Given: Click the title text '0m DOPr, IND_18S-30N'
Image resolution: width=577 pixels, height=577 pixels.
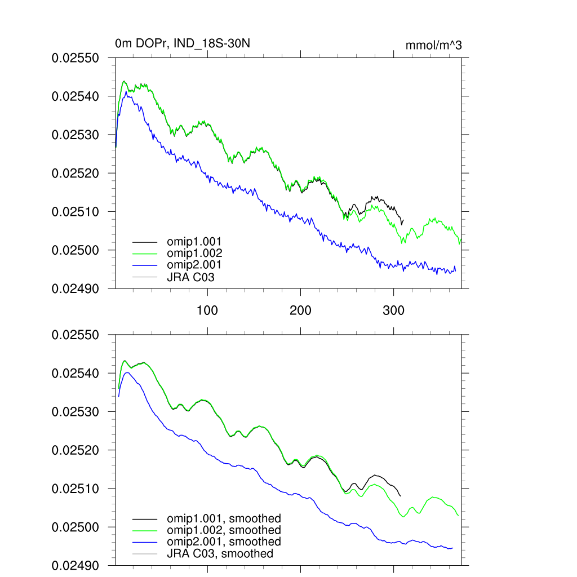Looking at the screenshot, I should coord(179,44).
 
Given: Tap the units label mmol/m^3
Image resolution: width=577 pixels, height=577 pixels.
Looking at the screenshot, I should coord(433,45).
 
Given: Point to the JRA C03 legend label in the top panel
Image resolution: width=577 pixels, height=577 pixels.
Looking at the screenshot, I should coord(190,277).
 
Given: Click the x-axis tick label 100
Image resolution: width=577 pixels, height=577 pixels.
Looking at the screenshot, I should coord(207,310).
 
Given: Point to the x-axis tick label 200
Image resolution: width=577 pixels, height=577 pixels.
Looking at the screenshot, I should coord(300,310).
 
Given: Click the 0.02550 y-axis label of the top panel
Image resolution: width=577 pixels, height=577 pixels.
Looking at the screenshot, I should coord(75,58).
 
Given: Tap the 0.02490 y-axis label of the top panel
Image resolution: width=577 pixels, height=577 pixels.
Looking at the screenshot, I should coord(75,288).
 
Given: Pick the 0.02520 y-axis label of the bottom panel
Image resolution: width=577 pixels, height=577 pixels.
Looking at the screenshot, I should coord(75,450).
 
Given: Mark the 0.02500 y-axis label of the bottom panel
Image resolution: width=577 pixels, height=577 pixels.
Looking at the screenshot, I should coord(75,527).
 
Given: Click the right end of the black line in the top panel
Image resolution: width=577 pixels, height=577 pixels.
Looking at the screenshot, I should coord(403,221).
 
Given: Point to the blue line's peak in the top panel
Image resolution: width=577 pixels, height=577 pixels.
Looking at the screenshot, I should coord(126,91).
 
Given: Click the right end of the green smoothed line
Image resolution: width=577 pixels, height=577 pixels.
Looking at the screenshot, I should coord(458,516).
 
